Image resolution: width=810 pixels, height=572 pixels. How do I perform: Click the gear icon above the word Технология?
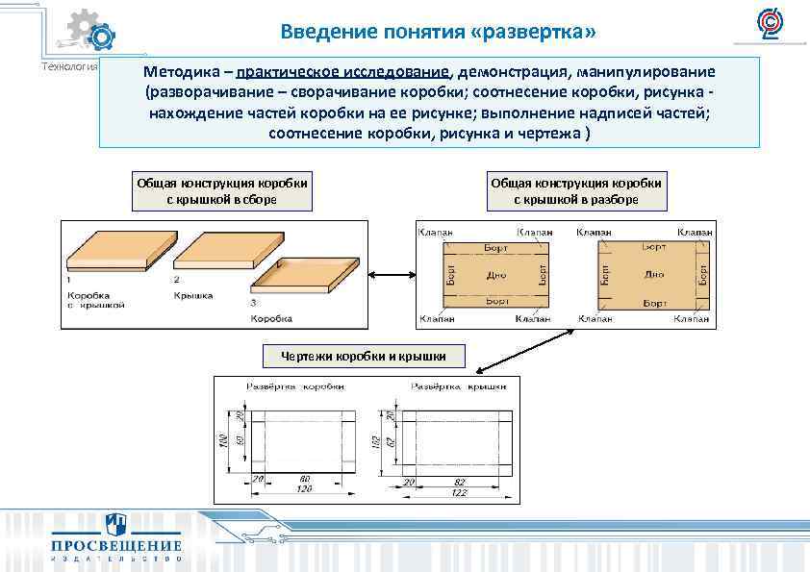tap(92, 33)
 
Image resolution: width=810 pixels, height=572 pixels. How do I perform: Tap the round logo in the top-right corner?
tap(769, 23)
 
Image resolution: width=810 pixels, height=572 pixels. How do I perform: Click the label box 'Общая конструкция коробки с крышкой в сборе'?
tap(222, 191)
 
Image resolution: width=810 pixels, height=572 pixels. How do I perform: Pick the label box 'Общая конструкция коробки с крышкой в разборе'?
tap(576, 191)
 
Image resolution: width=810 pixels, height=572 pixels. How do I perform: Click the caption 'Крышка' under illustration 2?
tap(193, 295)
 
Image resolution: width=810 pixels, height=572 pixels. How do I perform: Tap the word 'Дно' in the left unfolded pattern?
tap(496, 275)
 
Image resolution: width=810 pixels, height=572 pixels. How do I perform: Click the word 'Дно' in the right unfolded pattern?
tap(654, 275)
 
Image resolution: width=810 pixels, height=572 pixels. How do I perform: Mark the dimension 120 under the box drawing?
tap(304, 488)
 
